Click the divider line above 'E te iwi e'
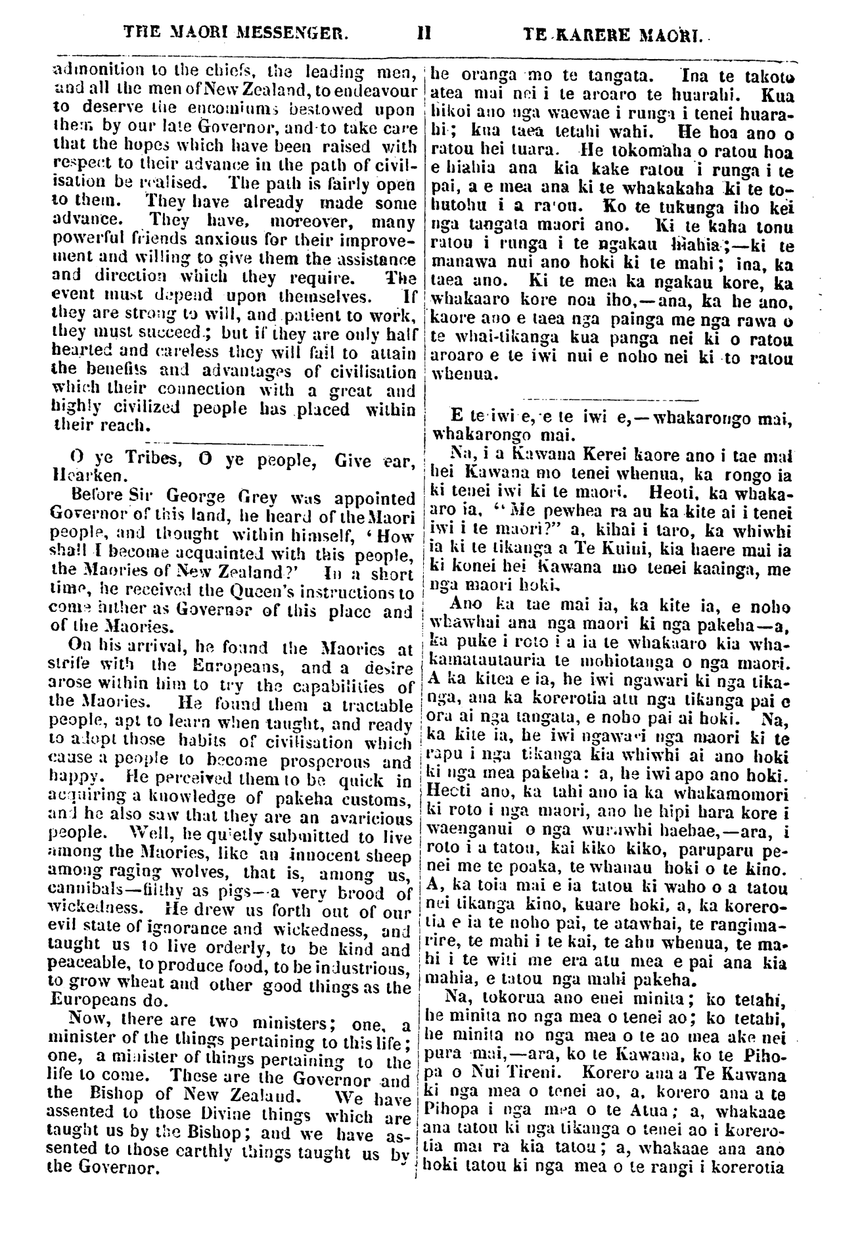pos(611,399)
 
